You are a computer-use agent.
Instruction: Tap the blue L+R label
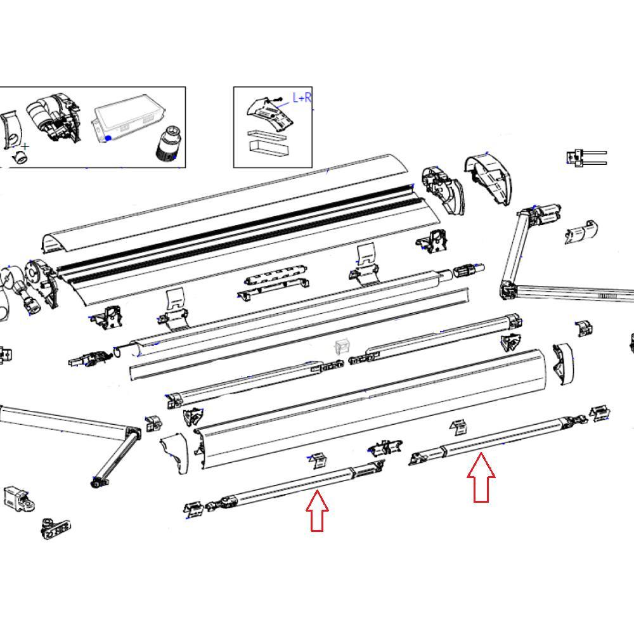301,98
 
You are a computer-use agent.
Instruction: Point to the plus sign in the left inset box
25,147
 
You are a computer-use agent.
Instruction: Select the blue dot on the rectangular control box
109,138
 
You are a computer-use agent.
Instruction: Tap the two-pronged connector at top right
586,157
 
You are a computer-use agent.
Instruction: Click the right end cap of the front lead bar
562,364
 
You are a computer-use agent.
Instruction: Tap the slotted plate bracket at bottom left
56,528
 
